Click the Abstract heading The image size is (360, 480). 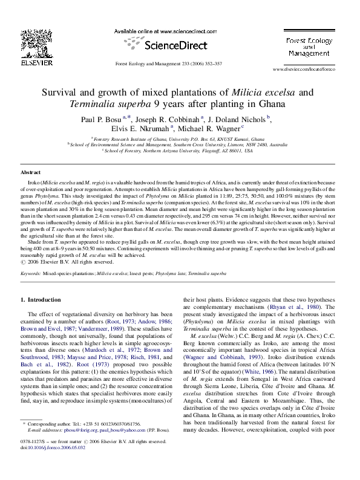point(31,172)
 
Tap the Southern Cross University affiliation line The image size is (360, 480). point(178,144)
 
